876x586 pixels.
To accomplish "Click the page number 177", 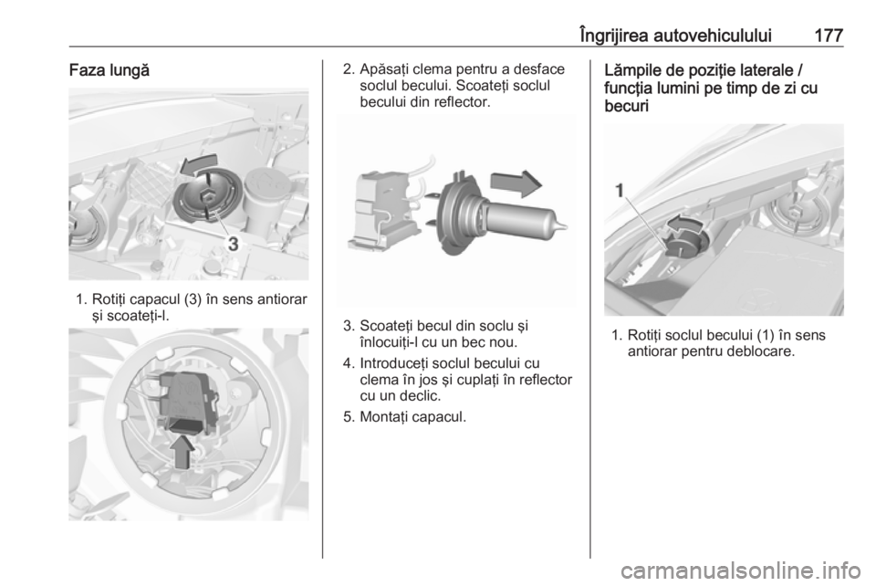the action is point(828,36).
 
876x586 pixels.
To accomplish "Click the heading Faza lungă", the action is point(109,71).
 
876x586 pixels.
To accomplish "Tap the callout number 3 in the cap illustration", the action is point(234,244).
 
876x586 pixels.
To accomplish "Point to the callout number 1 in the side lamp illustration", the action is point(619,192).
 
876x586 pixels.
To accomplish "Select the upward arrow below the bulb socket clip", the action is point(183,452).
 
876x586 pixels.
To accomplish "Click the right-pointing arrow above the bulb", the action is point(516,183).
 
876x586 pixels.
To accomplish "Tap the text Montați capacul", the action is point(412,417).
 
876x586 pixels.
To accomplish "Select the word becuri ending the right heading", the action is point(626,106).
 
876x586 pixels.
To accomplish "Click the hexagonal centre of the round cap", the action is point(207,195).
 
